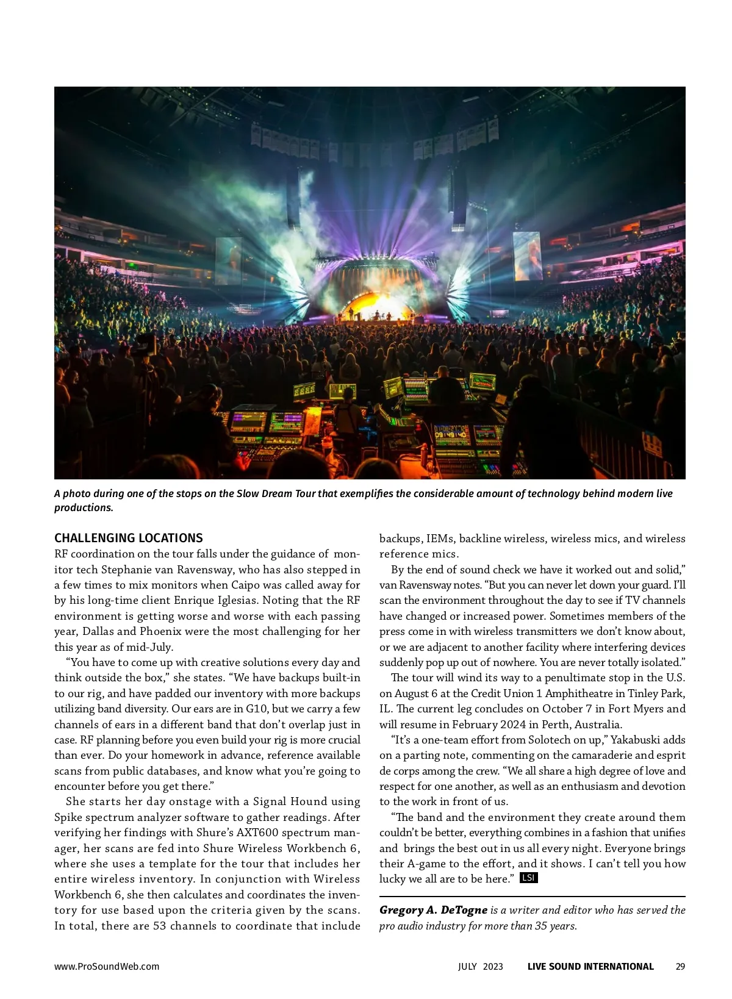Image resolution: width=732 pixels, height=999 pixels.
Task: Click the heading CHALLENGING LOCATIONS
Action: (x=128, y=538)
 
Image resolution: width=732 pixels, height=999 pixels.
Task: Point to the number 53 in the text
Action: (x=157, y=926)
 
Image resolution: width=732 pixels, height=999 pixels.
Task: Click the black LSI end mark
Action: (x=528, y=878)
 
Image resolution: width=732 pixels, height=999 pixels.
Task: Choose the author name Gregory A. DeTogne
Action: (x=433, y=910)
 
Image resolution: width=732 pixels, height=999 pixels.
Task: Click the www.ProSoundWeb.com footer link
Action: (x=107, y=966)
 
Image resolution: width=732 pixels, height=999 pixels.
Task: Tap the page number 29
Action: (x=680, y=966)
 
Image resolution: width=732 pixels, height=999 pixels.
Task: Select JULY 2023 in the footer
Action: (x=481, y=966)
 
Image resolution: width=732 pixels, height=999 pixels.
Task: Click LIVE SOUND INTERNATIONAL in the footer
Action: (x=590, y=966)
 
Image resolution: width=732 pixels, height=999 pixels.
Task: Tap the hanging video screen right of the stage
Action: (x=528, y=256)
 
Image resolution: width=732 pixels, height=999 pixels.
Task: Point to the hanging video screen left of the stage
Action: (x=228, y=260)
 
